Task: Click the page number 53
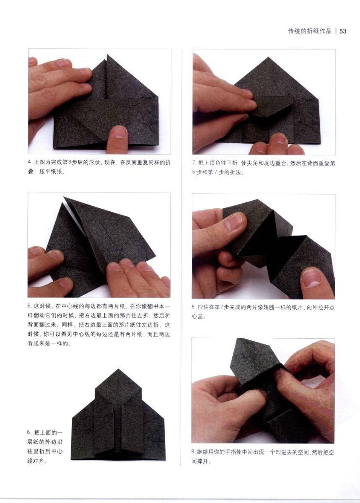click(x=343, y=31)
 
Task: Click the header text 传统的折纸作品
click(x=310, y=31)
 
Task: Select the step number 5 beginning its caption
click(x=29, y=306)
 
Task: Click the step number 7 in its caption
click(x=194, y=163)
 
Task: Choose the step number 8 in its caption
click(x=193, y=307)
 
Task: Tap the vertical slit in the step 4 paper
click(x=105, y=79)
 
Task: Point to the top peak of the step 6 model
click(x=118, y=369)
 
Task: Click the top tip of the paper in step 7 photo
click(x=268, y=57)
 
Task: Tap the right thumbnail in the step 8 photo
click(x=311, y=278)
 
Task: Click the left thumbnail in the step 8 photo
click(x=234, y=221)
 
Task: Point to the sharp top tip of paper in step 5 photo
click(x=64, y=197)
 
